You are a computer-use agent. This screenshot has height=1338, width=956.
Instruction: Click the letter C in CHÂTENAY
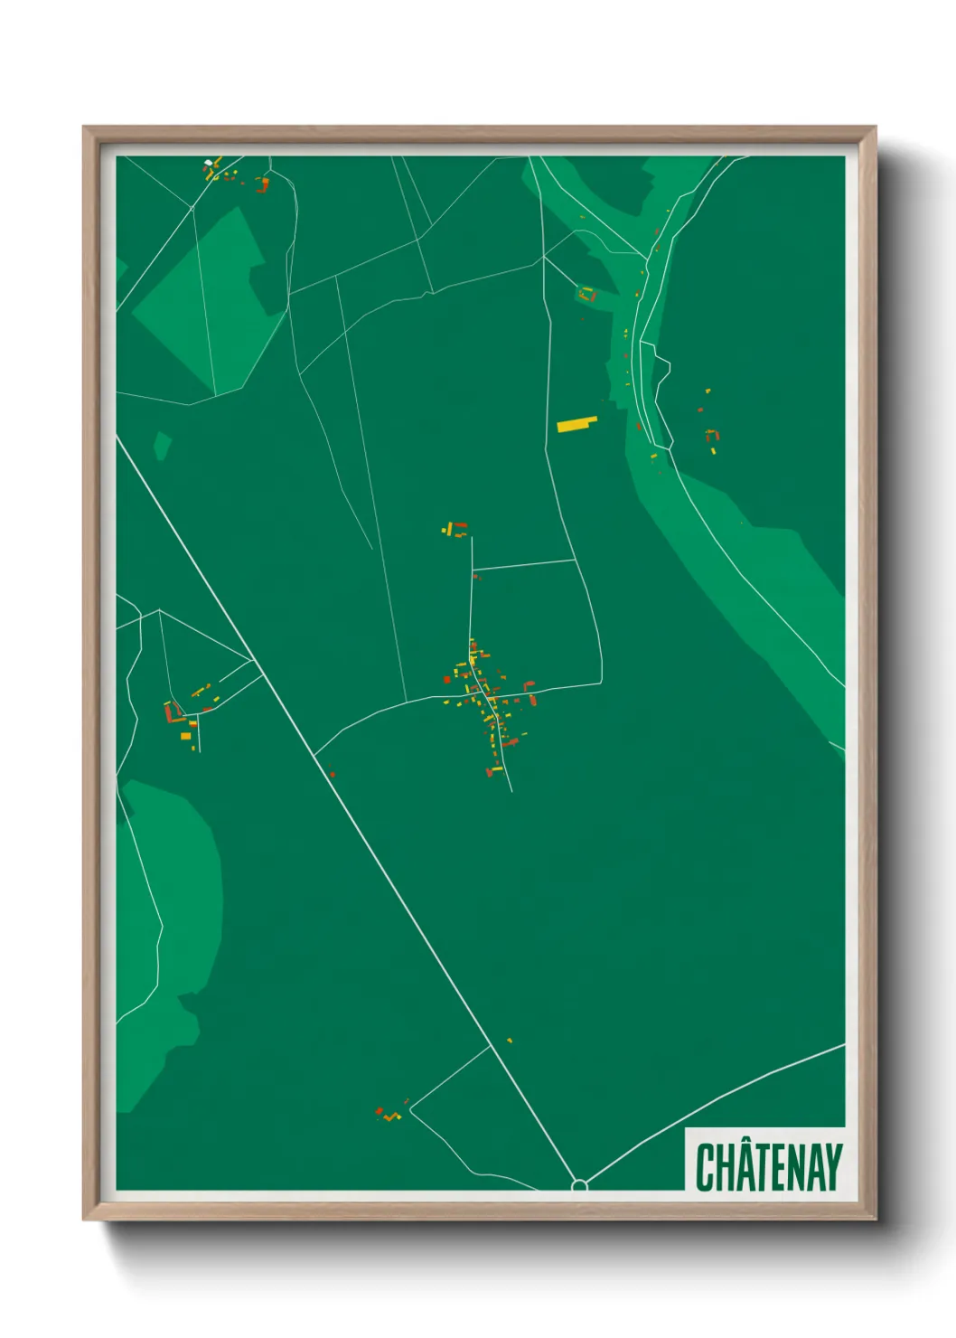pos(706,1167)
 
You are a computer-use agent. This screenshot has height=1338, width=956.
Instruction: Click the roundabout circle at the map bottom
pos(579,1184)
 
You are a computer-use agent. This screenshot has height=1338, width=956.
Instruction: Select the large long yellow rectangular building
pos(576,424)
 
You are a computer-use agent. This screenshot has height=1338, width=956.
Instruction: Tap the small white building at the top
pos(209,163)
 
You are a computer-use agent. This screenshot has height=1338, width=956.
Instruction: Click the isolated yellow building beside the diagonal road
pos(510,1041)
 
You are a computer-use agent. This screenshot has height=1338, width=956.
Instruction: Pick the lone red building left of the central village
pos(332,774)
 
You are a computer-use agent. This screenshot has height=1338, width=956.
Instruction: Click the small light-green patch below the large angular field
pos(162,445)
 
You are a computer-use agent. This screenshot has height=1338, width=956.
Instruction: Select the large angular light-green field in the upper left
pos(203,303)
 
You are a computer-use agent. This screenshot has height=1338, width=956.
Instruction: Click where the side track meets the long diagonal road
pos(490,1047)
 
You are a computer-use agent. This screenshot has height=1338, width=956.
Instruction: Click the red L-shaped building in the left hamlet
pos(169,712)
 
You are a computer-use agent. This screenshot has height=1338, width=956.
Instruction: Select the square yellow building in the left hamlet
pos(185,736)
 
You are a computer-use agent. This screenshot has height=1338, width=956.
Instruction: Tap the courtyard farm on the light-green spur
pos(587,294)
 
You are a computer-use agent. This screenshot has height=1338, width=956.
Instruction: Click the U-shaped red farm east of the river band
pos(712,436)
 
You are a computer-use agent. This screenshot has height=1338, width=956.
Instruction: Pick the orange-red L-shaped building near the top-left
pos(263,185)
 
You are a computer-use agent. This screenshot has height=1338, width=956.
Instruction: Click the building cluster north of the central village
pos(455,529)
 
